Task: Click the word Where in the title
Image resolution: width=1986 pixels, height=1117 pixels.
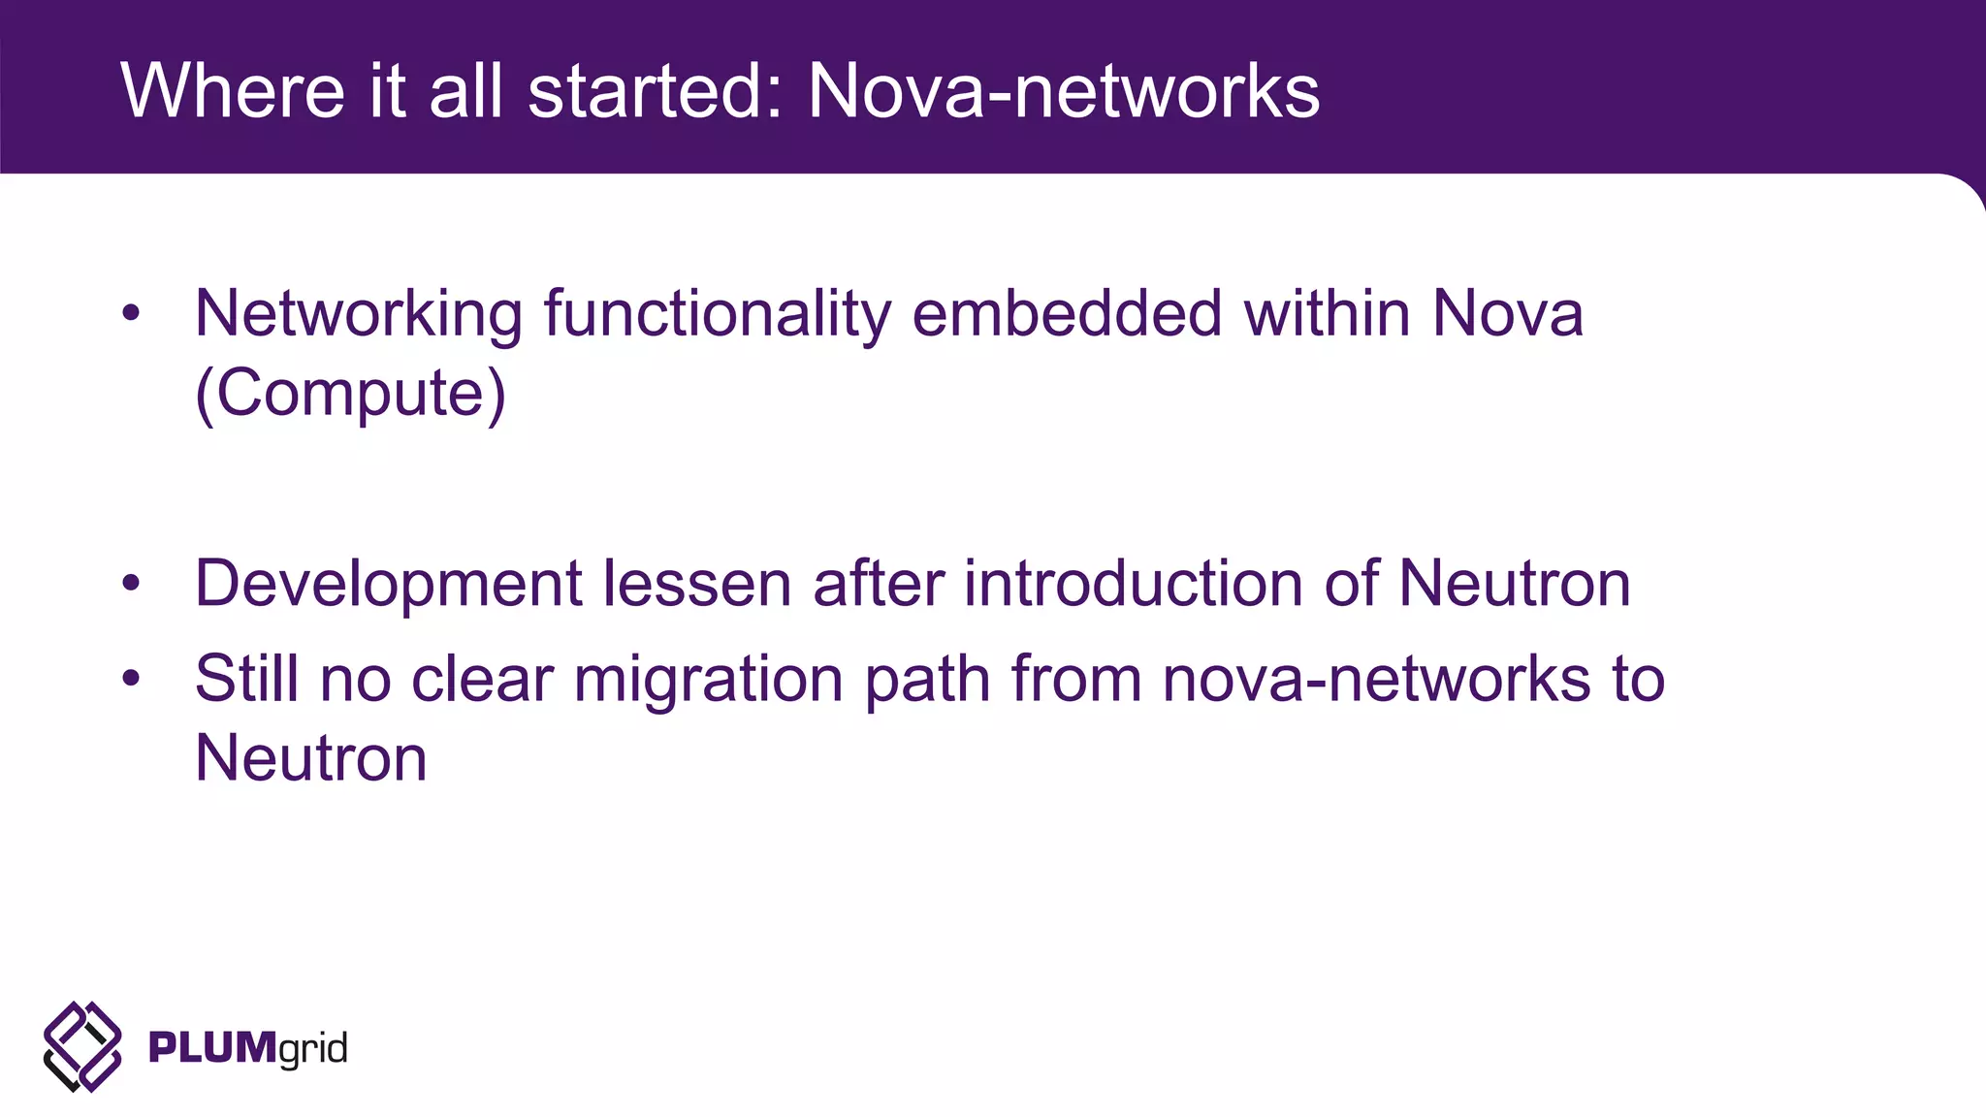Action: tap(233, 91)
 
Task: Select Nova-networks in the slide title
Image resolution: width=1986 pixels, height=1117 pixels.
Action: tap(1064, 91)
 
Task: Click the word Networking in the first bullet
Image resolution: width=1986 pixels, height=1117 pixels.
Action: tap(359, 315)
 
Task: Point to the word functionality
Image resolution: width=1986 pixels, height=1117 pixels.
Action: tap(717, 315)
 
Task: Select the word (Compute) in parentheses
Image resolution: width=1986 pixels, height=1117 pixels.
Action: tap(350, 394)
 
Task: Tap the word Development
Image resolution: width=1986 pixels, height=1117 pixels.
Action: tap(388, 585)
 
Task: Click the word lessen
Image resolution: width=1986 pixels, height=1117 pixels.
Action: tap(697, 583)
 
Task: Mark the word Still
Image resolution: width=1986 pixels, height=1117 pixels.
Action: tap(247, 678)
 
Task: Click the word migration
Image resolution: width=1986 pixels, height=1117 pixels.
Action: tap(709, 680)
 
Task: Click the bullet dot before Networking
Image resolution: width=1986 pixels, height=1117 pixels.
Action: tap(131, 314)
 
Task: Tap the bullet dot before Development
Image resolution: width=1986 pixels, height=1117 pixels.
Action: tap(131, 584)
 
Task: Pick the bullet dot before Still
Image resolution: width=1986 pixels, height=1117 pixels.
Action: tap(131, 679)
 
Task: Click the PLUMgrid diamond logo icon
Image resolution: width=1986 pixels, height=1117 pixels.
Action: tap(82, 1047)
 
